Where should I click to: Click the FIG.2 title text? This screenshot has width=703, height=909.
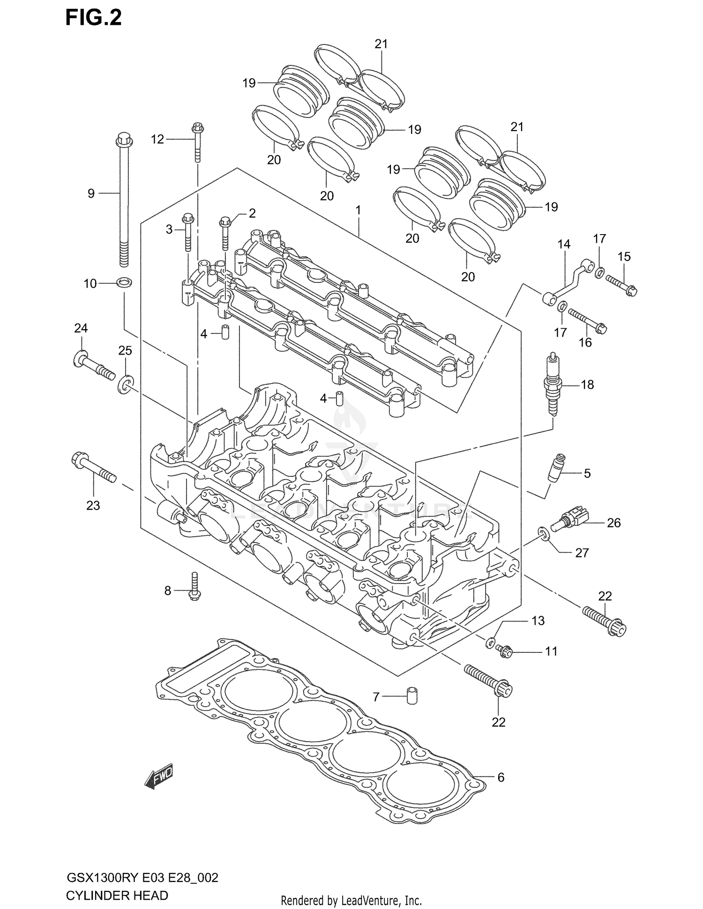[93, 17]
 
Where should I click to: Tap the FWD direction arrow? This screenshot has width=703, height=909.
[158, 778]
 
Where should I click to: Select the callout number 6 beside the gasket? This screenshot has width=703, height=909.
[501, 777]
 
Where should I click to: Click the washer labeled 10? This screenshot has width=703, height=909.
[124, 282]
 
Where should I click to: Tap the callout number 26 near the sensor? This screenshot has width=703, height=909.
[613, 523]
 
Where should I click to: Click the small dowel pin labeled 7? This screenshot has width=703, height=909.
[411, 696]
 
